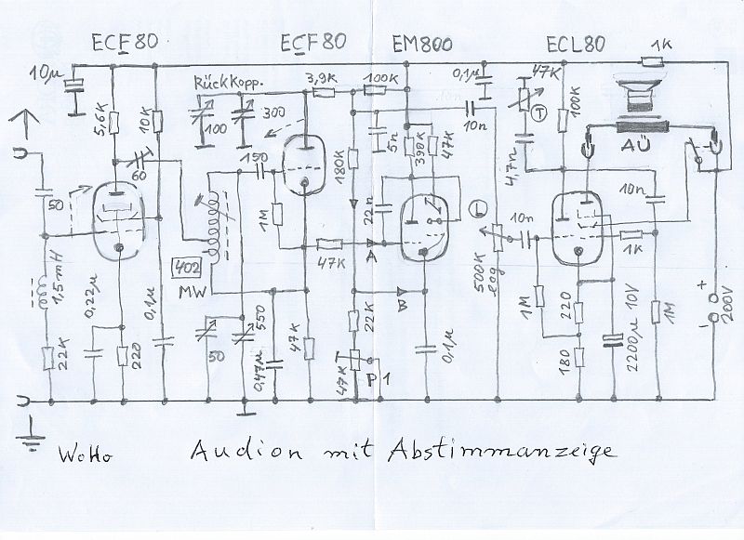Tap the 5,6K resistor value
(x=100, y=119)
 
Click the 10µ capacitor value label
(x=43, y=72)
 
